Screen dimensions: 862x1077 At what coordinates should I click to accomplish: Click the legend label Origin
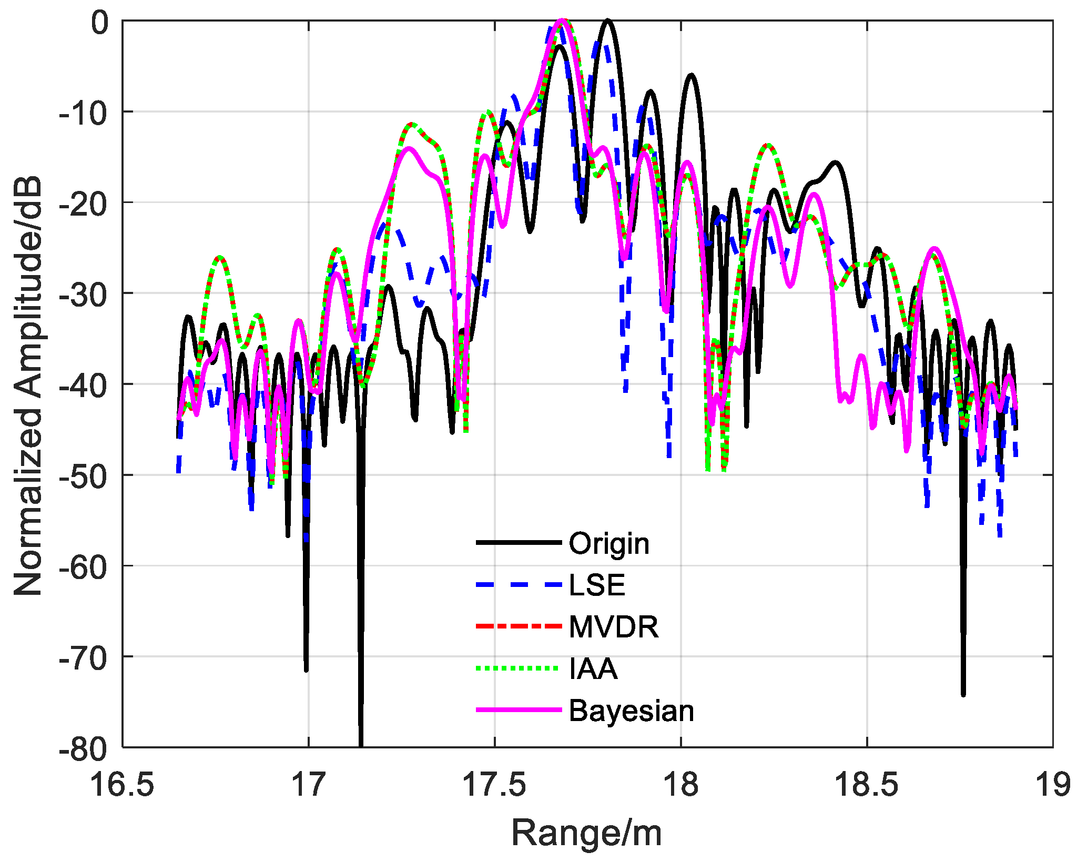(608, 543)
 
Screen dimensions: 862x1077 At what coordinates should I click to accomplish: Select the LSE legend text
(597, 585)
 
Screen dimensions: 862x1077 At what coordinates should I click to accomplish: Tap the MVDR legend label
(613, 626)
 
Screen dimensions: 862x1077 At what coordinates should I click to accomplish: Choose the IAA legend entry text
(593, 668)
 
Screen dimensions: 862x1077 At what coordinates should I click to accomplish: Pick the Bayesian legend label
(631, 711)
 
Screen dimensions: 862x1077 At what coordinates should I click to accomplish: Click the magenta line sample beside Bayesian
(519, 710)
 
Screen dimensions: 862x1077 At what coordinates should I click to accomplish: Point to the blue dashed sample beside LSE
(519, 584)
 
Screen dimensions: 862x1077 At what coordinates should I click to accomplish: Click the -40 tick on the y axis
(84, 384)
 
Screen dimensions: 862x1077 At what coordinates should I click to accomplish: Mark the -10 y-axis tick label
(84, 113)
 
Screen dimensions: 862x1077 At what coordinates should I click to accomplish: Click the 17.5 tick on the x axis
(494, 785)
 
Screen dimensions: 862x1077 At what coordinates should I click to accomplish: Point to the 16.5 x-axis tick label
(122, 785)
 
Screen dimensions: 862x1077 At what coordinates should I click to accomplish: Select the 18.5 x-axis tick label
(866, 785)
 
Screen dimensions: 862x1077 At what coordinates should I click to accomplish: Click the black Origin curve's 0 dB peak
(607, 21)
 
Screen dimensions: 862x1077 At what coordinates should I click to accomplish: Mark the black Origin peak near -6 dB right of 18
(691, 76)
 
